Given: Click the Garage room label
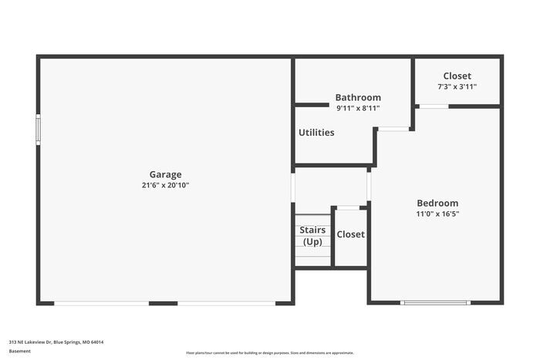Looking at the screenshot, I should coord(165,174).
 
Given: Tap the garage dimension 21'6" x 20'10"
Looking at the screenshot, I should coord(165,185).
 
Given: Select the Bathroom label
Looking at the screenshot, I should coord(357,98).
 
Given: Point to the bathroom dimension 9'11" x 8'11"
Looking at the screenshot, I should coord(357,109).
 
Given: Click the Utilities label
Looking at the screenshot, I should coord(316,133).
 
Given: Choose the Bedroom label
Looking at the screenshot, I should coord(437,203).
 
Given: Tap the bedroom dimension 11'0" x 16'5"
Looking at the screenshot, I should coord(437,214).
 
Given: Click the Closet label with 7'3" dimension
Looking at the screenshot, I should coord(457,76).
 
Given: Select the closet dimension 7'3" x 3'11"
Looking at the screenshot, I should coord(457,86).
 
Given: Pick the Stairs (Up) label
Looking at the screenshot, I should coord(312,236).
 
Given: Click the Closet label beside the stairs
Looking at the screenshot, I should coord(350,234).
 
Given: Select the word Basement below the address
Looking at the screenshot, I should coord(20,352).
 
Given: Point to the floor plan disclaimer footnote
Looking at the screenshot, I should coord(269,352).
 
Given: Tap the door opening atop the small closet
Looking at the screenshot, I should coord(348,207).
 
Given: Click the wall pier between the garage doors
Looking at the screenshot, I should coord(163,303).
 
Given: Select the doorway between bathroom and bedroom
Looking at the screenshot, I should coord(393,129).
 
